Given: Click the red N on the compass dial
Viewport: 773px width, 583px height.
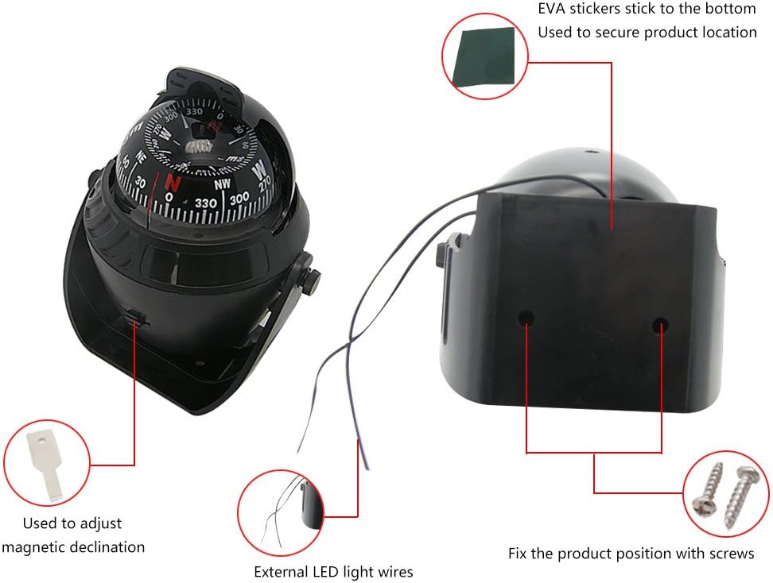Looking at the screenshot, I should tap(173, 182).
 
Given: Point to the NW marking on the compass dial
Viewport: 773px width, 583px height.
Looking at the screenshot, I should tap(222, 184).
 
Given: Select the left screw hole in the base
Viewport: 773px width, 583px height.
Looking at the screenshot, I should tap(526, 319).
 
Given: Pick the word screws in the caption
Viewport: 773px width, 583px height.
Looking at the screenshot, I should tap(733, 553).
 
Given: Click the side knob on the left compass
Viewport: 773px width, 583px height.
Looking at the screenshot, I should tap(313, 279).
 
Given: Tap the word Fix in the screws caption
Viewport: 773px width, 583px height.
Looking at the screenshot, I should tap(519, 553).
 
